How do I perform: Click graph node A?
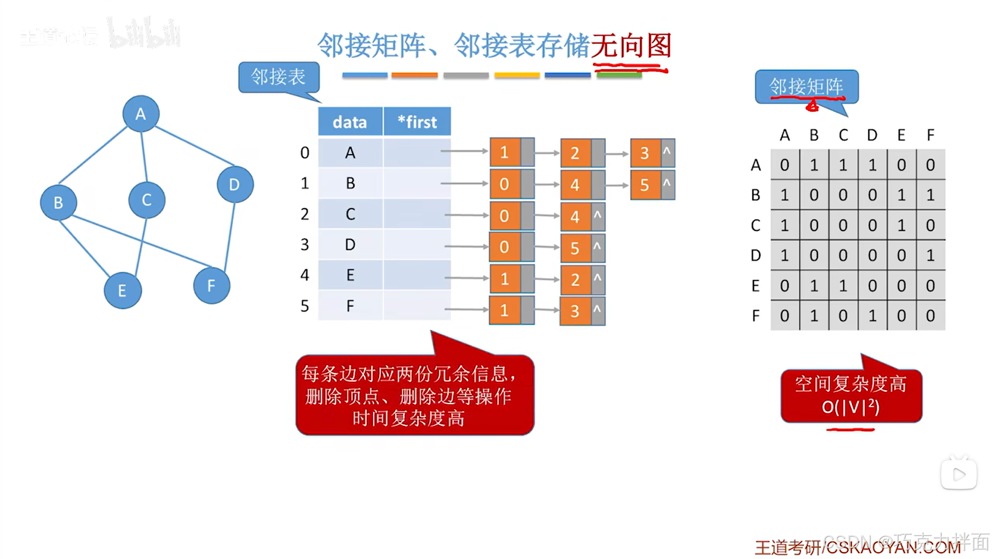point(141,114)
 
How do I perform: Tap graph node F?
point(211,286)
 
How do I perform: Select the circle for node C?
point(146,200)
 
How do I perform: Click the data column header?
point(350,122)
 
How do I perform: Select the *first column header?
point(417,122)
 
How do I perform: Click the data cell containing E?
point(350,275)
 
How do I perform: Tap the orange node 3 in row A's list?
point(645,153)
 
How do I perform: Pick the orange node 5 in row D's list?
point(575,248)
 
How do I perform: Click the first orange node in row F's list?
point(504,310)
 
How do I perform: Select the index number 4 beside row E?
point(305,275)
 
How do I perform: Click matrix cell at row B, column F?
point(930,195)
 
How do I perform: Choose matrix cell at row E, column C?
point(843,286)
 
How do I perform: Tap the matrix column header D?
point(872,135)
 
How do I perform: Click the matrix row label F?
point(755,316)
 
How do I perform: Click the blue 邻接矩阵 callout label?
point(806,87)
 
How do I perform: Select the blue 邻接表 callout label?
point(278,77)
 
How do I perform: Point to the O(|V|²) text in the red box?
point(850,407)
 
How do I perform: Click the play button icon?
point(958,475)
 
